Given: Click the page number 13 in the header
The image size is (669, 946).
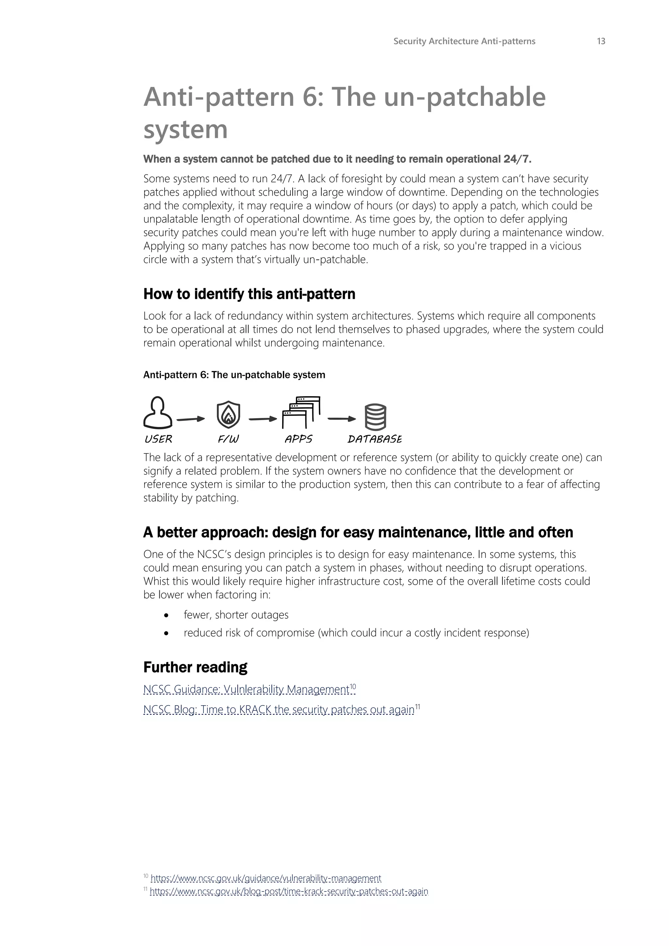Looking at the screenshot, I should click(x=601, y=41).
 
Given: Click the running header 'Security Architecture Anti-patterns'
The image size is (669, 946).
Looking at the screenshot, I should click(x=464, y=41).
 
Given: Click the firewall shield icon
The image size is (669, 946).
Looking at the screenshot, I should click(x=229, y=415).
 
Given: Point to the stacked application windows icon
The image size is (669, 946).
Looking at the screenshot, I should click(x=301, y=413).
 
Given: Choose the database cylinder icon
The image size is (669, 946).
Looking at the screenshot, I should click(x=375, y=417).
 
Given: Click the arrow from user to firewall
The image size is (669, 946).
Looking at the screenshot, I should click(x=191, y=419).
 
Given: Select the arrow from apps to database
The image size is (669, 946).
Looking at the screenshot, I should click(x=341, y=419).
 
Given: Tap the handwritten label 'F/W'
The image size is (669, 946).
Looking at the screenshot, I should click(x=228, y=439).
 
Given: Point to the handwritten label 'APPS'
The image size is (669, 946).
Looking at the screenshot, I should click(x=298, y=439).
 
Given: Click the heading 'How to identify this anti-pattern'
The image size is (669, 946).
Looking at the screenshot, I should click(x=249, y=294).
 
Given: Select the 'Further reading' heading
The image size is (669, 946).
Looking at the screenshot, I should click(x=195, y=667).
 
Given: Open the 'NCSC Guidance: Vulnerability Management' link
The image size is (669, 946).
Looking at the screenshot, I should click(x=246, y=689).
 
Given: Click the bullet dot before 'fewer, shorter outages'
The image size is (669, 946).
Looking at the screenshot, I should click(x=166, y=615).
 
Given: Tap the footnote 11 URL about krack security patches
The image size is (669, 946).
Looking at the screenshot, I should click(x=289, y=891).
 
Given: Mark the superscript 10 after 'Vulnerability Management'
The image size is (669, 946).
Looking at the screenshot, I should click(x=353, y=686).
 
